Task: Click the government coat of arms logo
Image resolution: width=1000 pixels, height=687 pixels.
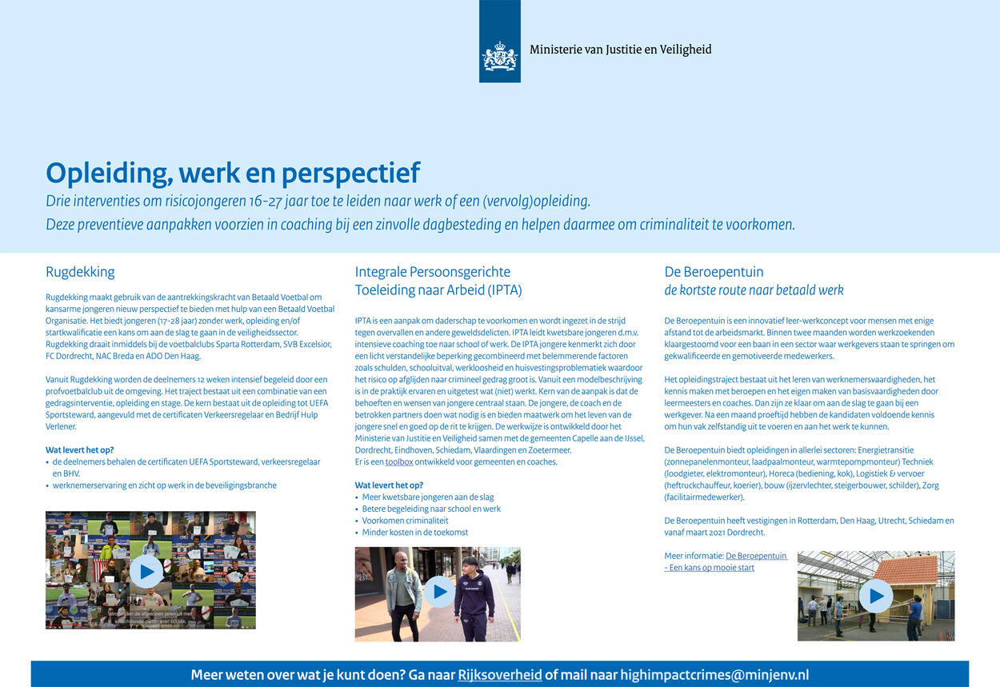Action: pyautogui.click(x=499, y=57)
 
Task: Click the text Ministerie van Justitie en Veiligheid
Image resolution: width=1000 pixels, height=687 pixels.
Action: pyautogui.click(x=620, y=50)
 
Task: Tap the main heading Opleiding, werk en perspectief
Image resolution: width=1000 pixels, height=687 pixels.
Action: pyautogui.click(x=233, y=173)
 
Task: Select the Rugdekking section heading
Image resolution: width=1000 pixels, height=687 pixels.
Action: pyautogui.click(x=80, y=272)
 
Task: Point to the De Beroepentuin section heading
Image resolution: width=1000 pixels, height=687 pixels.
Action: pyautogui.click(x=714, y=272)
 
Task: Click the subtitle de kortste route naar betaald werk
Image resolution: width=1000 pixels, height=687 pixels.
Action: pyautogui.click(x=754, y=290)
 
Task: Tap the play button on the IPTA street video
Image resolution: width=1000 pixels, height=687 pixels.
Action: pyautogui.click(x=438, y=592)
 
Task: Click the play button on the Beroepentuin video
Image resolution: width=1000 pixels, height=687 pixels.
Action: pyautogui.click(x=876, y=596)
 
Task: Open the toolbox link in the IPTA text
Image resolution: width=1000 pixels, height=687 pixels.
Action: pyautogui.click(x=399, y=461)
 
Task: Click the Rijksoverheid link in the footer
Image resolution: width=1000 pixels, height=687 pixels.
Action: pyautogui.click(x=499, y=675)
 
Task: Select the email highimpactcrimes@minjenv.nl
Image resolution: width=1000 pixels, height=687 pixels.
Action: pyautogui.click(x=714, y=675)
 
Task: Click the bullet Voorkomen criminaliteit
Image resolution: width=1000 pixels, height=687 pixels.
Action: pyautogui.click(x=405, y=521)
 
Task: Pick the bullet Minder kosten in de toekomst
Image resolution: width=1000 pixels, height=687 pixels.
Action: pyautogui.click(x=414, y=533)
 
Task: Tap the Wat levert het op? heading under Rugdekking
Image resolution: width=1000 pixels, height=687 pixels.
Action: pyautogui.click(x=80, y=450)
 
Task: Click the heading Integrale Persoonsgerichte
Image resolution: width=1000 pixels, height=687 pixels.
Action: pyautogui.click(x=432, y=272)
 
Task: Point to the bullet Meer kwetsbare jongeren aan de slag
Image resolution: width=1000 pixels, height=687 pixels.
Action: pyautogui.click(x=427, y=497)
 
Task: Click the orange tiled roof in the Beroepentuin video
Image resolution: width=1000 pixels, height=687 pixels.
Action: pyautogui.click(x=905, y=569)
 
